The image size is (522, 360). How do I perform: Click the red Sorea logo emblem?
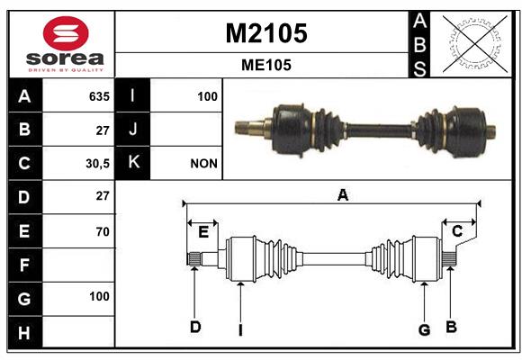click(66, 33)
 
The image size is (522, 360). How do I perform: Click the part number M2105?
click(266, 33)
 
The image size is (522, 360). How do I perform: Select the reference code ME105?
click(266, 65)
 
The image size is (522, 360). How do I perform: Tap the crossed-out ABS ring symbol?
click(475, 43)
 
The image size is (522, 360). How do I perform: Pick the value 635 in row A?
click(99, 96)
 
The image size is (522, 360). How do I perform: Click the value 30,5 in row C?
click(97, 164)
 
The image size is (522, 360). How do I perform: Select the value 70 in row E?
click(103, 231)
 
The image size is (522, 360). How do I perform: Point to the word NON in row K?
click(203, 164)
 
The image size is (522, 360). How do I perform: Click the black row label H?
click(25, 332)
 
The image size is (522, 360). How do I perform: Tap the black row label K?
click(132, 163)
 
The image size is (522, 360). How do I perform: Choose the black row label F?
click(25, 265)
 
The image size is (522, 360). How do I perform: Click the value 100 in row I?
click(207, 96)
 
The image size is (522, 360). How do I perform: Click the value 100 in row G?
click(99, 296)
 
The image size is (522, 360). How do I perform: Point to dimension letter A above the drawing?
click(343, 194)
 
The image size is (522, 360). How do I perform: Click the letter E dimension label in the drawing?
click(203, 232)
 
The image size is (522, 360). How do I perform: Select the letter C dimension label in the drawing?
click(457, 230)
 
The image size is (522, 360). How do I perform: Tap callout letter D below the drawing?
click(195, 327)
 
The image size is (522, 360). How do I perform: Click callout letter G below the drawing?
click(424, 330)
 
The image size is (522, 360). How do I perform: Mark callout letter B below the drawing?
click(451, 327)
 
